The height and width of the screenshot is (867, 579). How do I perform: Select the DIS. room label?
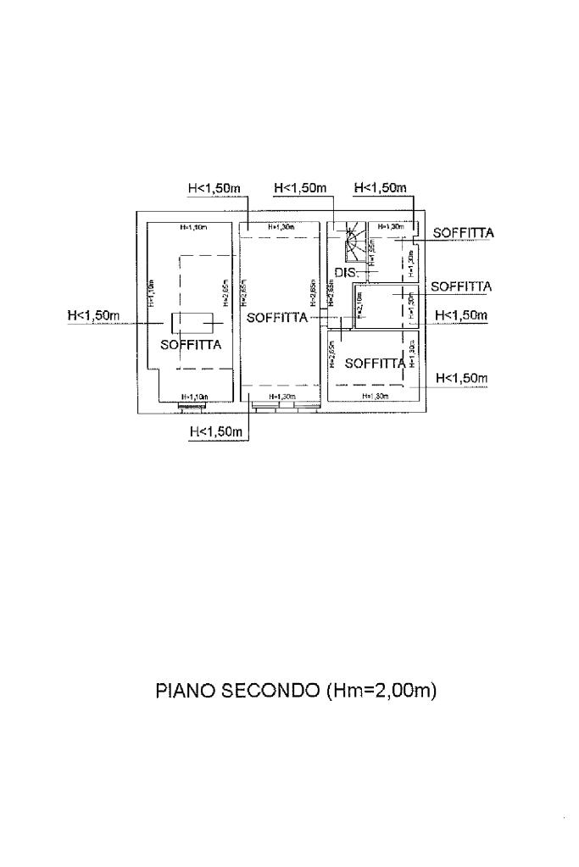click(x=344, y=273)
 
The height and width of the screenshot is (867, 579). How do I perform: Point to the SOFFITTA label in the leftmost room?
click(x=191, y=345)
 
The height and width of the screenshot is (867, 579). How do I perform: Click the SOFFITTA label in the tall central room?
click(x=276, y=317)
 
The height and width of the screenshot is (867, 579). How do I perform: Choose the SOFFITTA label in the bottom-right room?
click(x=375, y=363)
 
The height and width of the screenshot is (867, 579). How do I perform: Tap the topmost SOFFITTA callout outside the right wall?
click(x=463, y=232)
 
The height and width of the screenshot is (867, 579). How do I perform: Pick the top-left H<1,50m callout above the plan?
click(x=215, y=188)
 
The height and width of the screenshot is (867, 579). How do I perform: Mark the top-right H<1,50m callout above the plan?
click(x=379, y=188)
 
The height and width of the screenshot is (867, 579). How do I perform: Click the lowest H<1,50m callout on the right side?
click(x=461, y=377)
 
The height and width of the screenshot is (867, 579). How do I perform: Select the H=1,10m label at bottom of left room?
click(x=195, y=396)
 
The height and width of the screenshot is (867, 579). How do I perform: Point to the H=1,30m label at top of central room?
click(x=281, y=227)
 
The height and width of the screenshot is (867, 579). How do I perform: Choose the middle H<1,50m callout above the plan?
click(x=300, y=188)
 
